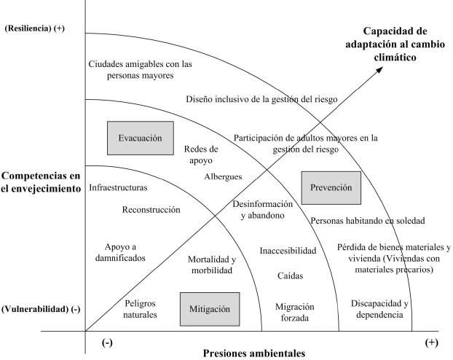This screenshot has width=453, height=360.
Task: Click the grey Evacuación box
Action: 140,136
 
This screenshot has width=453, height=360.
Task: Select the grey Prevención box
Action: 331,187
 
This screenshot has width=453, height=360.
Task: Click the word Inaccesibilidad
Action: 288,251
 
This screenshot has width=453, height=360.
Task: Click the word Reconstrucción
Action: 151,209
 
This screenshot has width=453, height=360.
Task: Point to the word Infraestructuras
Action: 118,187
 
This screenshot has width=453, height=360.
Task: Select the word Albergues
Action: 223,176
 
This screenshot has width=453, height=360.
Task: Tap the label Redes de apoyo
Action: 201,153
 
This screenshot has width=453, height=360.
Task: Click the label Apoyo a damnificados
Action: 120,252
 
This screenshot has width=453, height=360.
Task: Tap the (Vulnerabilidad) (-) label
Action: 42,309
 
